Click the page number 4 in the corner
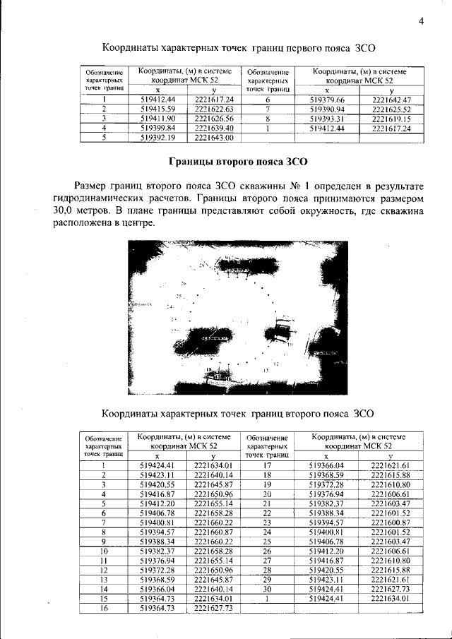(x=421, y=20)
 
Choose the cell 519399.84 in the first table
(x=157, y=129)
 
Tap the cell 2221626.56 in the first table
(x=213, y=119)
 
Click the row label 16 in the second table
(x=103, y=608)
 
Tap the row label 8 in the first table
(x=268, y=119)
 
